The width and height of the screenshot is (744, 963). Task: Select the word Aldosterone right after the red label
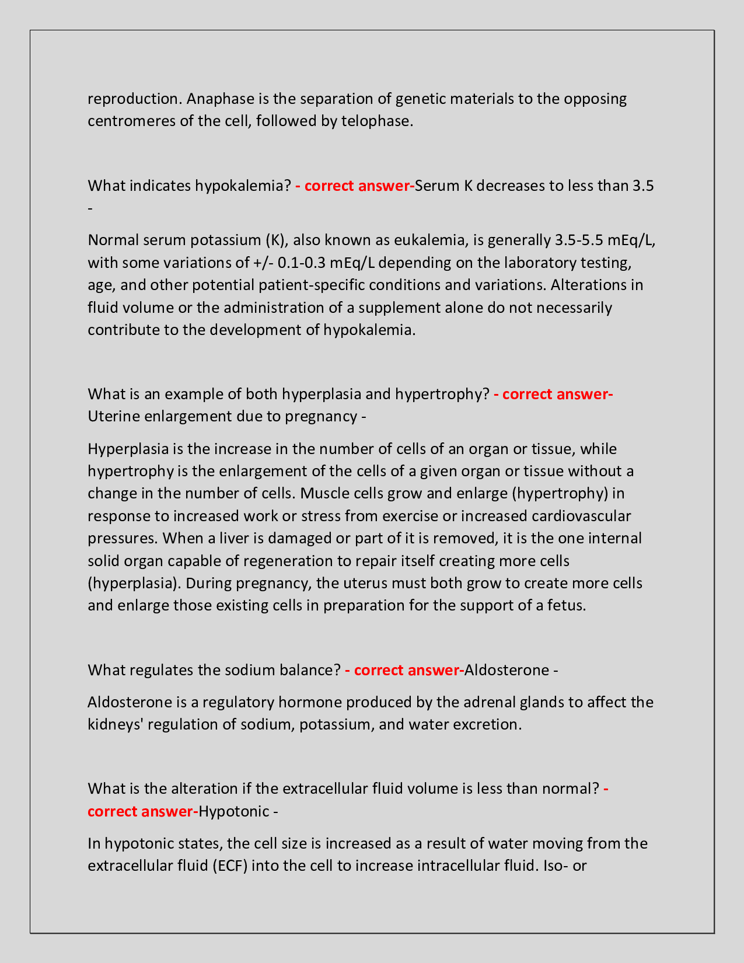point(507,670)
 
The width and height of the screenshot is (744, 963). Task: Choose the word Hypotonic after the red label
point(233,812)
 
